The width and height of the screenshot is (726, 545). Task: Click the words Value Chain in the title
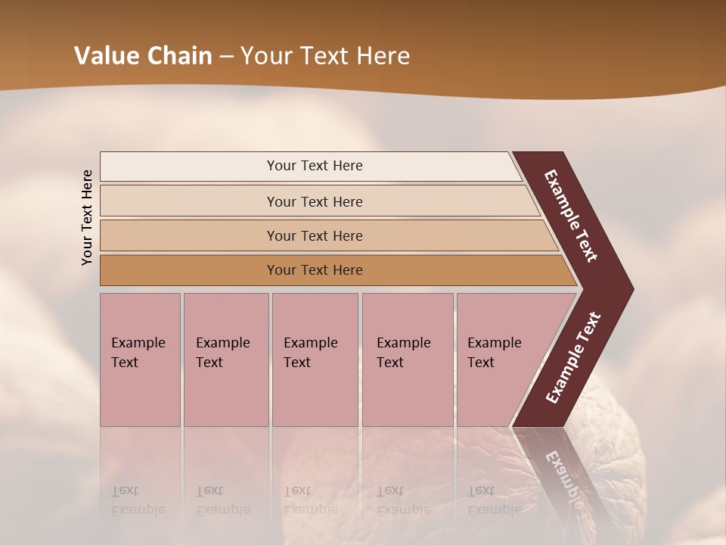[x=143, y=56]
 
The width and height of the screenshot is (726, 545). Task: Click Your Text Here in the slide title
[x=325, y=56]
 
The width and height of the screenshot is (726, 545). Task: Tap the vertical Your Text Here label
[x=88, y=217]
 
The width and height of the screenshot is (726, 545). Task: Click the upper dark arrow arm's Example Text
[x=571, y=216]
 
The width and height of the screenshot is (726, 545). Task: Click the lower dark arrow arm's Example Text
[x=573, y=358]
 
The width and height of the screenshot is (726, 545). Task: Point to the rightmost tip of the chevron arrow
[x=631, y=288]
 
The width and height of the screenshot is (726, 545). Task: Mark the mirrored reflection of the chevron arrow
[x=556, y=469]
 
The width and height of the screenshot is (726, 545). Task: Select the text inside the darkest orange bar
[x=315, y=270]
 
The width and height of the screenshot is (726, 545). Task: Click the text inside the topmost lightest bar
[x=315, y=166]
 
